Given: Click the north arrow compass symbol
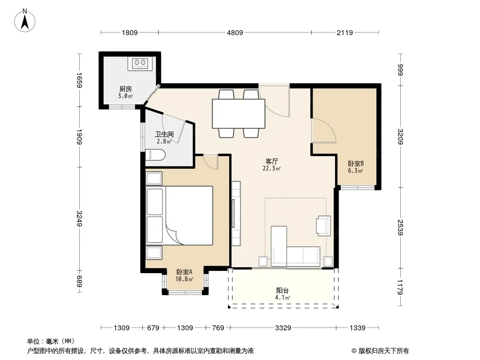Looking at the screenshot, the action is click(x=25, y=21).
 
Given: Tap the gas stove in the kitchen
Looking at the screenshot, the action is click(x=140, y=63).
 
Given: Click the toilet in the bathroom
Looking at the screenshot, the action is click(x=155, y=155).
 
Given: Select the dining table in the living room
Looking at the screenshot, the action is click(x=239, y=113).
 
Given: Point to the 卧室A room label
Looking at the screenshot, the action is click(x=184, y=272).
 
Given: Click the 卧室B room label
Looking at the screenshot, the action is click(x=356, y=164).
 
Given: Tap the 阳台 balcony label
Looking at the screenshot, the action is click(x=282, y=291).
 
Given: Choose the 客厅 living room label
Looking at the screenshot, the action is click(x=272, y=161).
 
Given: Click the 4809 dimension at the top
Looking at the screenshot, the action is click(x=235, y=32).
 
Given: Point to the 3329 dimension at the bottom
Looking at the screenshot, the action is click(x=283, y=328).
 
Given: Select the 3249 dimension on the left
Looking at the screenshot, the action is click(x=79, y=219).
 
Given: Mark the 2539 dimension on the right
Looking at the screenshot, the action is click(x=400, y=228).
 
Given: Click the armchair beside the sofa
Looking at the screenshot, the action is click(x=324, y=226).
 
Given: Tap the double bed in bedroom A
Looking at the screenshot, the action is click(x=179, y=216).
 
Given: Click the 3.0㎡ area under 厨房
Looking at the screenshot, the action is click(x=126, y=96).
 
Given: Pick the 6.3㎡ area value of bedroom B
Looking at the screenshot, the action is click(x=355, y=171).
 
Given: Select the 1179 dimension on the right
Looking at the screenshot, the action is click(x=400, y=287).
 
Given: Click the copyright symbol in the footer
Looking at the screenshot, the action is click(x=354, y=351).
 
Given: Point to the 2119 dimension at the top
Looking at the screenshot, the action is click(x=345, y=32).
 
